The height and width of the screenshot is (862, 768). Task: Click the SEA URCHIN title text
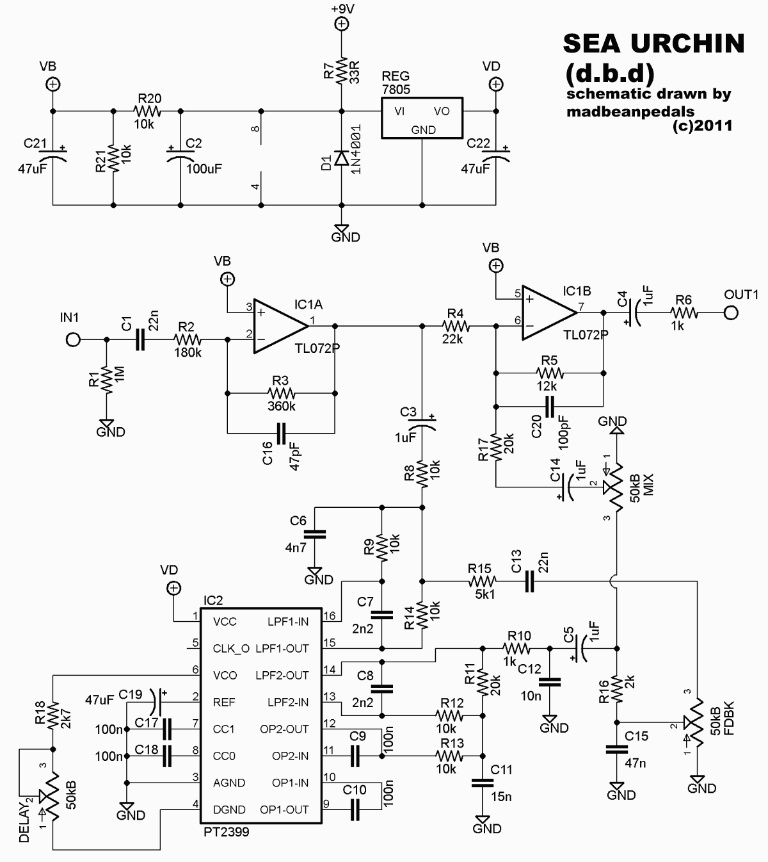[x=653, y=44]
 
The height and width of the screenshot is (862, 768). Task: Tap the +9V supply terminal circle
[x=342, y=24]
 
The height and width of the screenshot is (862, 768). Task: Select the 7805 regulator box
[x=423, y=118]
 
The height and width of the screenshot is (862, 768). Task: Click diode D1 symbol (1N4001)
[x=342, y=158]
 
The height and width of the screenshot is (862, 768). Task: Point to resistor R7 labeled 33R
[x=342, y=70]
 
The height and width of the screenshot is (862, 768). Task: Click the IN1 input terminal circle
[x=74, y=340]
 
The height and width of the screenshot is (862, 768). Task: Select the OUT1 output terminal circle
[x=730, y=313]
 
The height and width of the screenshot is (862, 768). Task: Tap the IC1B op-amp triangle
[x=548, y=313]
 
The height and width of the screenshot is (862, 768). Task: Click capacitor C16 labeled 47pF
[x=281, y=434]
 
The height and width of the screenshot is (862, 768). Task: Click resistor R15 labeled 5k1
[x=482, y=581]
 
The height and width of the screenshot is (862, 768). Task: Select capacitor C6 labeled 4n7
[x=315, y=534]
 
